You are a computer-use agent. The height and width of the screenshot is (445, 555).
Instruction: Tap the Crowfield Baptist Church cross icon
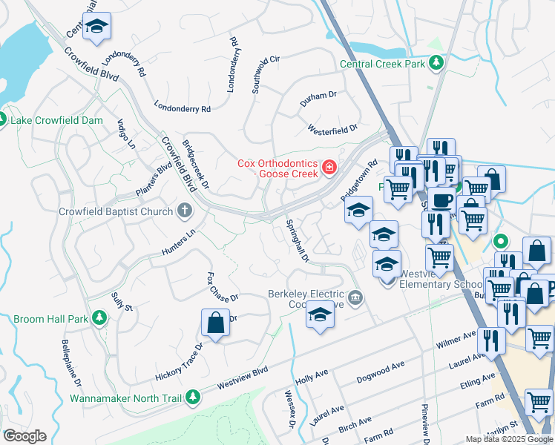click(184, 211)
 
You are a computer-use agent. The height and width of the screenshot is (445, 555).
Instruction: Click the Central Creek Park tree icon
click(438, 64)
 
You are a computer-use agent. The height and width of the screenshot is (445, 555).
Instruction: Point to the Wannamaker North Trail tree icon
click(192, 398)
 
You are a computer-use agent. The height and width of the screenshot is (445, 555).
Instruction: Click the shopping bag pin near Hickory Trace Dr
click(215, 323)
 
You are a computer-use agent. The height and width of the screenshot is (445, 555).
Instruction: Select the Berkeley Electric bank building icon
click(356, 298)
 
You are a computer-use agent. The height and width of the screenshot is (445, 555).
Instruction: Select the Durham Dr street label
click(318, 96)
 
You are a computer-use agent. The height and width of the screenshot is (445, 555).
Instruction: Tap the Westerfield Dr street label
click(333, 130)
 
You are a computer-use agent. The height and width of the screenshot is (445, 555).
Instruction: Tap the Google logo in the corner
click(24, 436)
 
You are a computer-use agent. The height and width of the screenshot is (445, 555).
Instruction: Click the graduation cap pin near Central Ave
click(96, 27)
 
